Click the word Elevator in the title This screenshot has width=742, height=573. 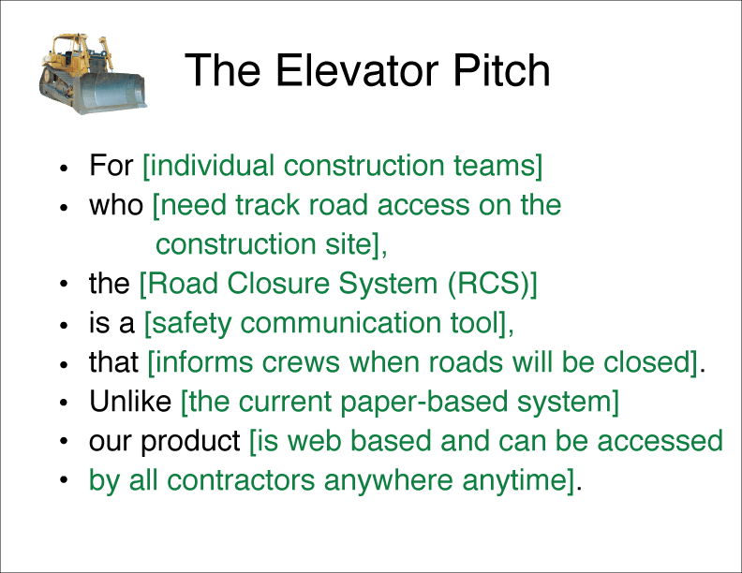(359, 70)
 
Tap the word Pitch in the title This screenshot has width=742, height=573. (502, 70)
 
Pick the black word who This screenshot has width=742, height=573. (116, 205)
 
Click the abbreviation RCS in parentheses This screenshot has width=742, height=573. (488, 284)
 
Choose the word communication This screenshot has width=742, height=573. (341, 323)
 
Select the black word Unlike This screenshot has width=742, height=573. (130, 402)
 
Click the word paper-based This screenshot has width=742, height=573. (423, 403)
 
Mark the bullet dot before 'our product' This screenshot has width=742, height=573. (64, 441)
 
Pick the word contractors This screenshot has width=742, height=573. (241, 481)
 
